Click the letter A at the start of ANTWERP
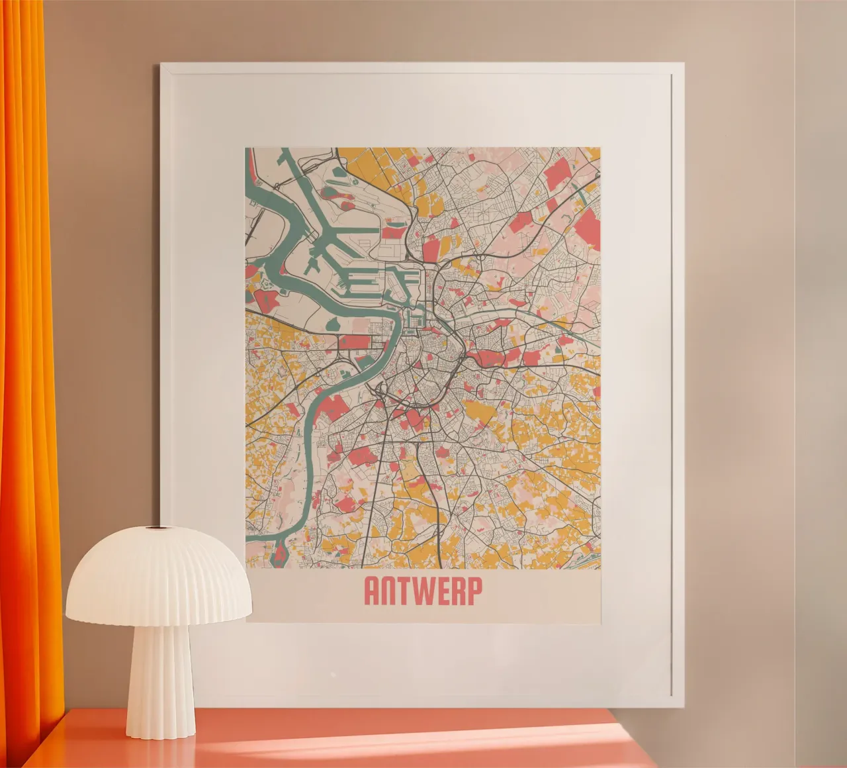tap(372, 592)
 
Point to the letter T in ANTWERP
tap(404, 592)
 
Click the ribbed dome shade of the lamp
tap(159, 576)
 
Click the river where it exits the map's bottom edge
tap(281, 559)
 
